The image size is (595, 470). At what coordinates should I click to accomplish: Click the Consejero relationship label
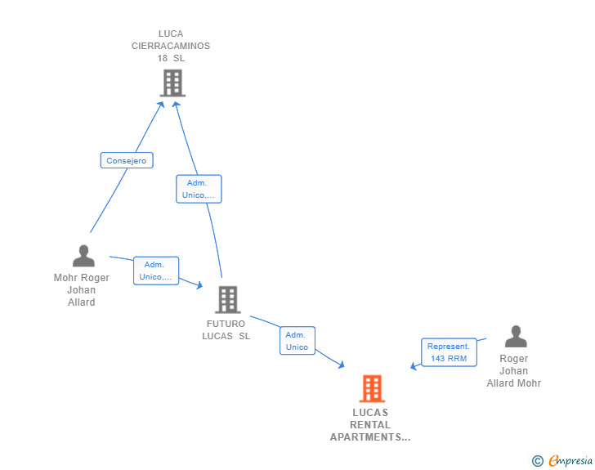[x=127, y=160]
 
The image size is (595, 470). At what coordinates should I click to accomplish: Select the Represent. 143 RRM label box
[x=449, y=352]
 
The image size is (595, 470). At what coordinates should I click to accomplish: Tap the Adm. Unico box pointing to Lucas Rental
[x=297, y=341]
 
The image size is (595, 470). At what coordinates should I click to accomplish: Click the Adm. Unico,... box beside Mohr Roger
[x=156, y=271]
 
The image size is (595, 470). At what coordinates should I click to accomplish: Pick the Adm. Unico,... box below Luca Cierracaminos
[x=199, y=189]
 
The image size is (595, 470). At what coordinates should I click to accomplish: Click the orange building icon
[x=372, y=388]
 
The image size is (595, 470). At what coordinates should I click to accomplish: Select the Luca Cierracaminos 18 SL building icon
[x=172, y=83]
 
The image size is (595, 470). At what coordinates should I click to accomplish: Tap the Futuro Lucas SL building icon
[x=228, y=299]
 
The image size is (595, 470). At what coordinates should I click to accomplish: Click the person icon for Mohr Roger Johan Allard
[x=83, y=256]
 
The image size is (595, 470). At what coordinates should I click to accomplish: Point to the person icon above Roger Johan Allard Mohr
[x=516, y=337]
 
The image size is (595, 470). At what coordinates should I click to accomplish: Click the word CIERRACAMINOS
[x=171, y=46]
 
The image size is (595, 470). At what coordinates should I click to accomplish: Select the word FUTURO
[x=226, y=324]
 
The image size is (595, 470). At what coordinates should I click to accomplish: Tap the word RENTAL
[x=370, y=425]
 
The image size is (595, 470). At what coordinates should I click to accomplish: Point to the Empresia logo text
[x=570, y=461]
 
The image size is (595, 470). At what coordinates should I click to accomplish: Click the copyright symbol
[x=537, y=461]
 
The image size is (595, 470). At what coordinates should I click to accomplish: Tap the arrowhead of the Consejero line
[x=161, y=105]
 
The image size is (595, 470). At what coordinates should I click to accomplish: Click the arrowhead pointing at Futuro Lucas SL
[x=199, y=284]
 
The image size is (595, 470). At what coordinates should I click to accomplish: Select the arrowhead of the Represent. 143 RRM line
[x=414, y=366]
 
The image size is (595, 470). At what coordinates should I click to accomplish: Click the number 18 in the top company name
[x=163, y=59]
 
